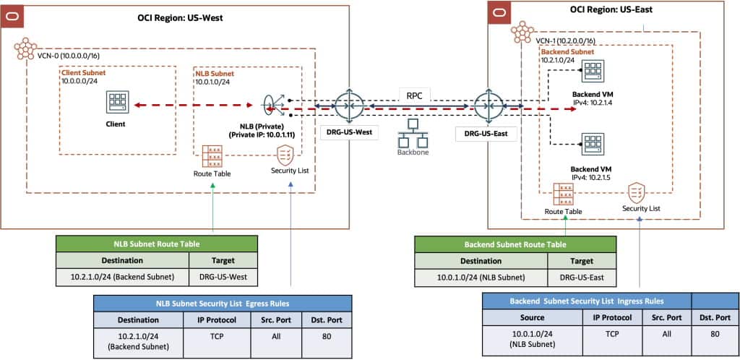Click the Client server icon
click(x=116, y=102)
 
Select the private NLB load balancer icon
click(x=275, y=106)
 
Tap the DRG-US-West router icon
click(x=349, y=107)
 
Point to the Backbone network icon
click(x=414, y=130)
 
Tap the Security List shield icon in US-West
click(x=285, y=155)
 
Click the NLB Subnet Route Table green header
click(x=157, y=244)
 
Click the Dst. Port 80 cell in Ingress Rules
click(x=715, y=335)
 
